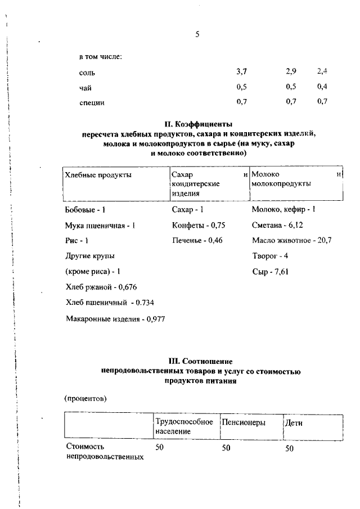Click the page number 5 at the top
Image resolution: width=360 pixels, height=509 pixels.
pyautogui.click(x=197, y=34)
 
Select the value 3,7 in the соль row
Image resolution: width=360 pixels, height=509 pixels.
pyautogui.click(x=242, y=71)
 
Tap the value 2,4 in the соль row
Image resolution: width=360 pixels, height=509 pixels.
pyautogui.click(x=322, y=71)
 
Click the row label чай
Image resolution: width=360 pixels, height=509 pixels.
pyautogui.click(x=85, y=87)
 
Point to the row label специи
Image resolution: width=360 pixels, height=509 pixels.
pyautogui.click(x=92, y=102)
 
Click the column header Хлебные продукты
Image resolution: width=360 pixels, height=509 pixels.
pyautogui.click(x=98, y=175)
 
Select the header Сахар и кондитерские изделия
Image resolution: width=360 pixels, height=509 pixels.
pyautogui.click(x=208, y=183)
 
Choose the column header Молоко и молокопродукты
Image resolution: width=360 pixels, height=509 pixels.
pyautogui.click(x=296, y=179)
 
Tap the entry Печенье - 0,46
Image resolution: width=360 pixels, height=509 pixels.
pyautogui.click(x=198, y=240)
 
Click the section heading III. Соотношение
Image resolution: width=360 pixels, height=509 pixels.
pyautogui.click(x=201, y=361)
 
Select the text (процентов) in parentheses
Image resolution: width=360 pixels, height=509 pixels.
pyautogui.click(x=86, y=399)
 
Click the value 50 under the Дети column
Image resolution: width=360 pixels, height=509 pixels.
pyautogui.click(x=290, y=448)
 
